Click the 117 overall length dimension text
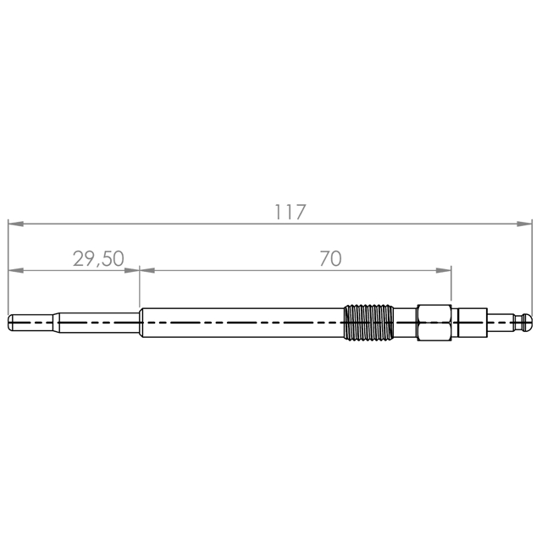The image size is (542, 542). pos(290,212)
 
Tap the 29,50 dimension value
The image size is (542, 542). pos(98,259)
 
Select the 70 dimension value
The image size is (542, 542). pos(330,258)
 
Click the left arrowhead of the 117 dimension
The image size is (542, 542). pos(15,224)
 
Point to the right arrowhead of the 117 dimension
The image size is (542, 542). pos(524,224)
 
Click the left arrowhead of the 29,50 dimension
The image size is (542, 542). pos(15,270)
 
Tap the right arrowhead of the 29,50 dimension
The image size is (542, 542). pos(132,270)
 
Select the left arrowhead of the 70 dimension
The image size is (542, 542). pos(147,270)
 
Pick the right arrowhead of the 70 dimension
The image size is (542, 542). pos(444,270)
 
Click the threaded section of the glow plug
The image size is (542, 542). pos(368,323)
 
